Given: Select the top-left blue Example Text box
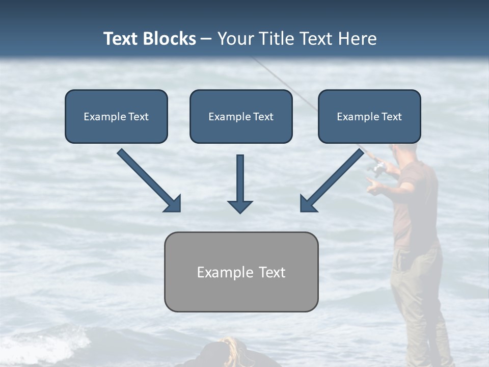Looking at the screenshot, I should [116, 116].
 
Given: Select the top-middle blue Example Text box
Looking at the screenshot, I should [241, 116].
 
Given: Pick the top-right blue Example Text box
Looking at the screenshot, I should [369, 116].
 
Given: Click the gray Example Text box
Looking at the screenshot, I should [241, 272].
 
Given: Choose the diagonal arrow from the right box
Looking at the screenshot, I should [332, 180].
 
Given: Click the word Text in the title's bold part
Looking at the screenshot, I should [120, 39].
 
